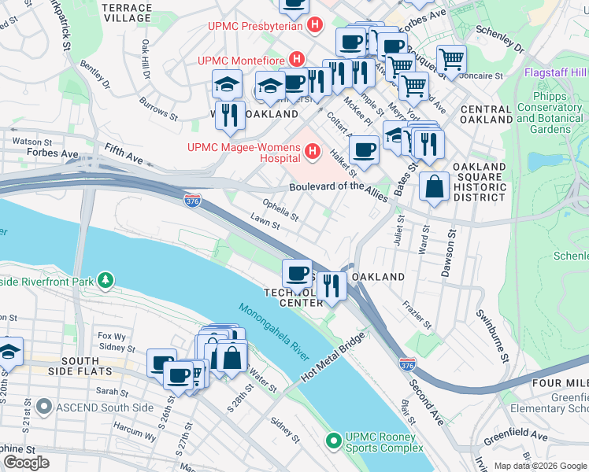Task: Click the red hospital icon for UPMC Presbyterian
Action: point(315,25)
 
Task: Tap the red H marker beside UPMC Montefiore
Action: point(297,59)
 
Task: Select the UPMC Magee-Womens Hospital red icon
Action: point(313,150)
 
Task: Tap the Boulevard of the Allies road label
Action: point(338,190)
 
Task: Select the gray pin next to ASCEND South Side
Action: point(44,407)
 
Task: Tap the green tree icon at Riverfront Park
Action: point(105,280)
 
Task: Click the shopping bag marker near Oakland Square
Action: point(434,187)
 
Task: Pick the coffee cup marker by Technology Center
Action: point(297,273)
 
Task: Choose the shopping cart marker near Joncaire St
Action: point(451,59)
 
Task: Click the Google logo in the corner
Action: point(26,462)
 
